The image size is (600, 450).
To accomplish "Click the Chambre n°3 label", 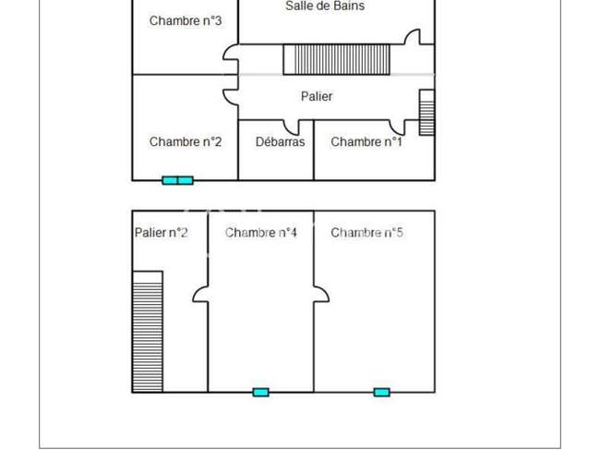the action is tap(186, 20).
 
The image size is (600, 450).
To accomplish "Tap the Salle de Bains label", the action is tap(325, 6).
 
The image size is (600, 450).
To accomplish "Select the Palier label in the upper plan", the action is tap(317, 96).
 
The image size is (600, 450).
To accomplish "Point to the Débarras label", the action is tap(280, 141).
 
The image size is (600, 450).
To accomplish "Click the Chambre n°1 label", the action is tap(366, 141).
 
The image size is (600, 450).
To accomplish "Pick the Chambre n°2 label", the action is tap(186, 141).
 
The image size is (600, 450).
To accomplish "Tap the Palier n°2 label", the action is tap(162, 233).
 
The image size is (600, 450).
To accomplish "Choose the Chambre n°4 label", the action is tap(260, 233).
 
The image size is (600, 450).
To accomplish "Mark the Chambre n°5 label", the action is tap(366, 233).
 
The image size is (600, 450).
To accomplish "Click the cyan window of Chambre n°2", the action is tap(177, 180).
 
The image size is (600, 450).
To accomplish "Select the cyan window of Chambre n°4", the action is tap(261, 392).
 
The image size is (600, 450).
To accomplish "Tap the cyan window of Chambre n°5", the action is tap(382, 392).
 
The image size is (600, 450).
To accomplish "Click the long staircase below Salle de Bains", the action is tap(337, 59).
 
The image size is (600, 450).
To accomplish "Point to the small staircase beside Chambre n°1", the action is tap(427, 113).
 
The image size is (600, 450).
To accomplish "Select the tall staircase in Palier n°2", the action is tap(148, 332).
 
